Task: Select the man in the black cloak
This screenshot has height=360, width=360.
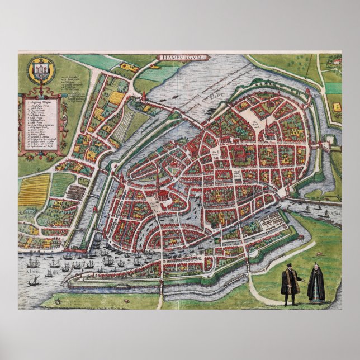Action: [289, 285]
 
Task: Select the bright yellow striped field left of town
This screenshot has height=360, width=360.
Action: [34, 191]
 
